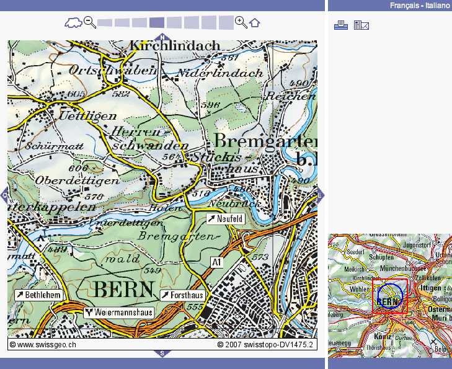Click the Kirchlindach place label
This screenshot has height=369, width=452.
175,46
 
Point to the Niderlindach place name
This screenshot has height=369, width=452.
220,73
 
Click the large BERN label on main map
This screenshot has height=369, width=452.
123,288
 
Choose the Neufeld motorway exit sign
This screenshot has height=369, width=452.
226,220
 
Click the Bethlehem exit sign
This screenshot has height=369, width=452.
38,295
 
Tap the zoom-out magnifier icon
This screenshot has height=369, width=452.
90,23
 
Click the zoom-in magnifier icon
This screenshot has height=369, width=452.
241,23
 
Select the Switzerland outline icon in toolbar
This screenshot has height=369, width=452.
73,24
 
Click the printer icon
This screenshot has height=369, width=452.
340,25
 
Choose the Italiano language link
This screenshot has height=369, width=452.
437,6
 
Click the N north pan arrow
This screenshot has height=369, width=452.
162,37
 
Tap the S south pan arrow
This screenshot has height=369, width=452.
162,353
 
